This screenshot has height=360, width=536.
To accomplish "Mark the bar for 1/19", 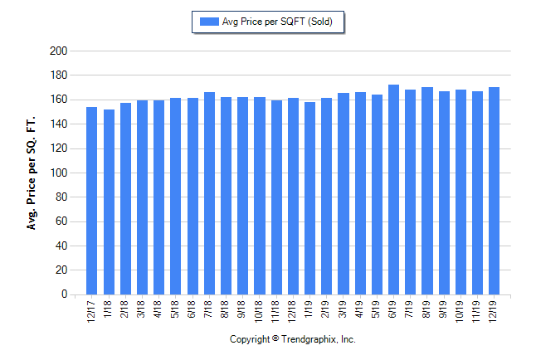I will pos(309,198).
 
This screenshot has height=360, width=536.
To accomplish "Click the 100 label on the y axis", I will pos(58,173).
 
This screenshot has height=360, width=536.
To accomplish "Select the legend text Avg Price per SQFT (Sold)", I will pos(277,22).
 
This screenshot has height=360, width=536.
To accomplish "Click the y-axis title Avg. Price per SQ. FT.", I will pos(32,173).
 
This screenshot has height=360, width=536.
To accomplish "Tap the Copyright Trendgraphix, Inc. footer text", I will pos(292,339).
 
